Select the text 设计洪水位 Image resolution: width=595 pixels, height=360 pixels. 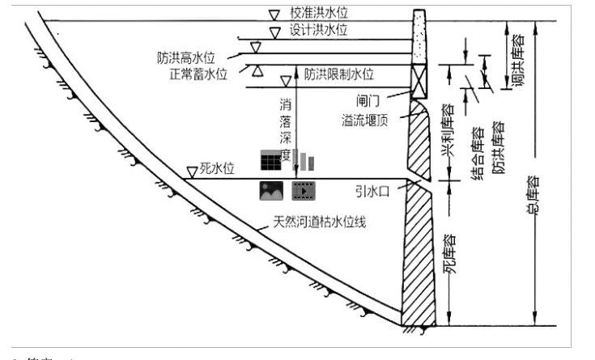pyautogui.click(x=319, y=30)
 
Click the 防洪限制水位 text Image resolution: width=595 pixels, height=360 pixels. pyautogui.click(x=339, y=74)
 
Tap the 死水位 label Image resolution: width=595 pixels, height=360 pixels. pyautogui.click(x=218, y=170)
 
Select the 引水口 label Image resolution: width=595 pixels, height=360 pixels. pyautogui.click(x=371, y=193)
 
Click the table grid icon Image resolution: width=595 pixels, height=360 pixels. pyautogui.click(x=270, y=159)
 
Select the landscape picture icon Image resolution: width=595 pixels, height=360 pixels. pyautogui.click(x=270, y=191)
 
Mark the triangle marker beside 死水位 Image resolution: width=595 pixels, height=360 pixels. pyautogui.click(x=192, y=172)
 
